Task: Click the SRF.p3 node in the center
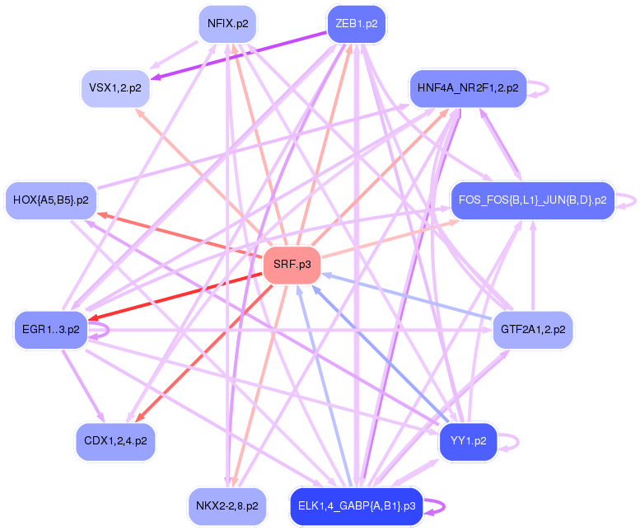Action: click(292, 265)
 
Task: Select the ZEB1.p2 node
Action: click(356, 24)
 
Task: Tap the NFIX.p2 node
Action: click(227, 24)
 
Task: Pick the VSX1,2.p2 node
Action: click(115, 87)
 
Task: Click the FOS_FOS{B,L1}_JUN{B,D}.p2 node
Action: click(532, 200)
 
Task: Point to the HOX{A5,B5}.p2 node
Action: click(51, 200)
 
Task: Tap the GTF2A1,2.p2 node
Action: click(533, 329)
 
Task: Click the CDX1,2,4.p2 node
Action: click(115, 441)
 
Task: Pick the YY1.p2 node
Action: click(468, 441)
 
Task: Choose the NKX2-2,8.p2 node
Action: click(227, 505)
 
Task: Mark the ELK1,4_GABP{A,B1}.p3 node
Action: click(356, 505)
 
